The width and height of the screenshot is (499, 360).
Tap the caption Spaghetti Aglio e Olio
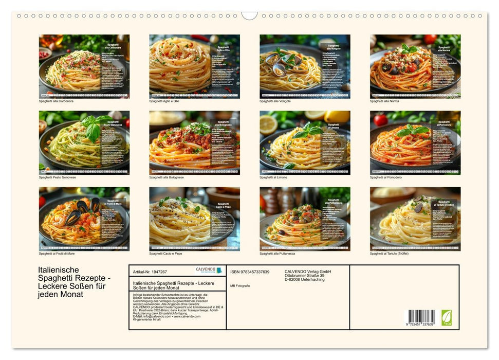[x=164, y=101]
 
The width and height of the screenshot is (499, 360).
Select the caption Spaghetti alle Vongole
[x=275, y=101]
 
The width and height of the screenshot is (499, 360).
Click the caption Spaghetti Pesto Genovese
[x=58, y=177]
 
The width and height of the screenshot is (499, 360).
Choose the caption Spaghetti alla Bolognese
[x=167, y=177]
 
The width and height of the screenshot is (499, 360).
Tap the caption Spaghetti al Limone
[x=273, y=177]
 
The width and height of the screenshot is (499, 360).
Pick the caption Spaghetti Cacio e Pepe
[x=165, y=254]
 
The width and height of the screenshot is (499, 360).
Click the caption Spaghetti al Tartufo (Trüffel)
[x=389, y=254]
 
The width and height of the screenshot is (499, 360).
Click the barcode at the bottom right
[x=421, y=317]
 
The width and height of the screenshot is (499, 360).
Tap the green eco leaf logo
[x=447, y=317]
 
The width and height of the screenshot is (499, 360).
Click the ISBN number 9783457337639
[x=250, y=272]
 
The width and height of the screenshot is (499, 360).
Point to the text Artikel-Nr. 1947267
[x=150, y=271]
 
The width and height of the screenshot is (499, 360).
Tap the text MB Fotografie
[x=240, y=285]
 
